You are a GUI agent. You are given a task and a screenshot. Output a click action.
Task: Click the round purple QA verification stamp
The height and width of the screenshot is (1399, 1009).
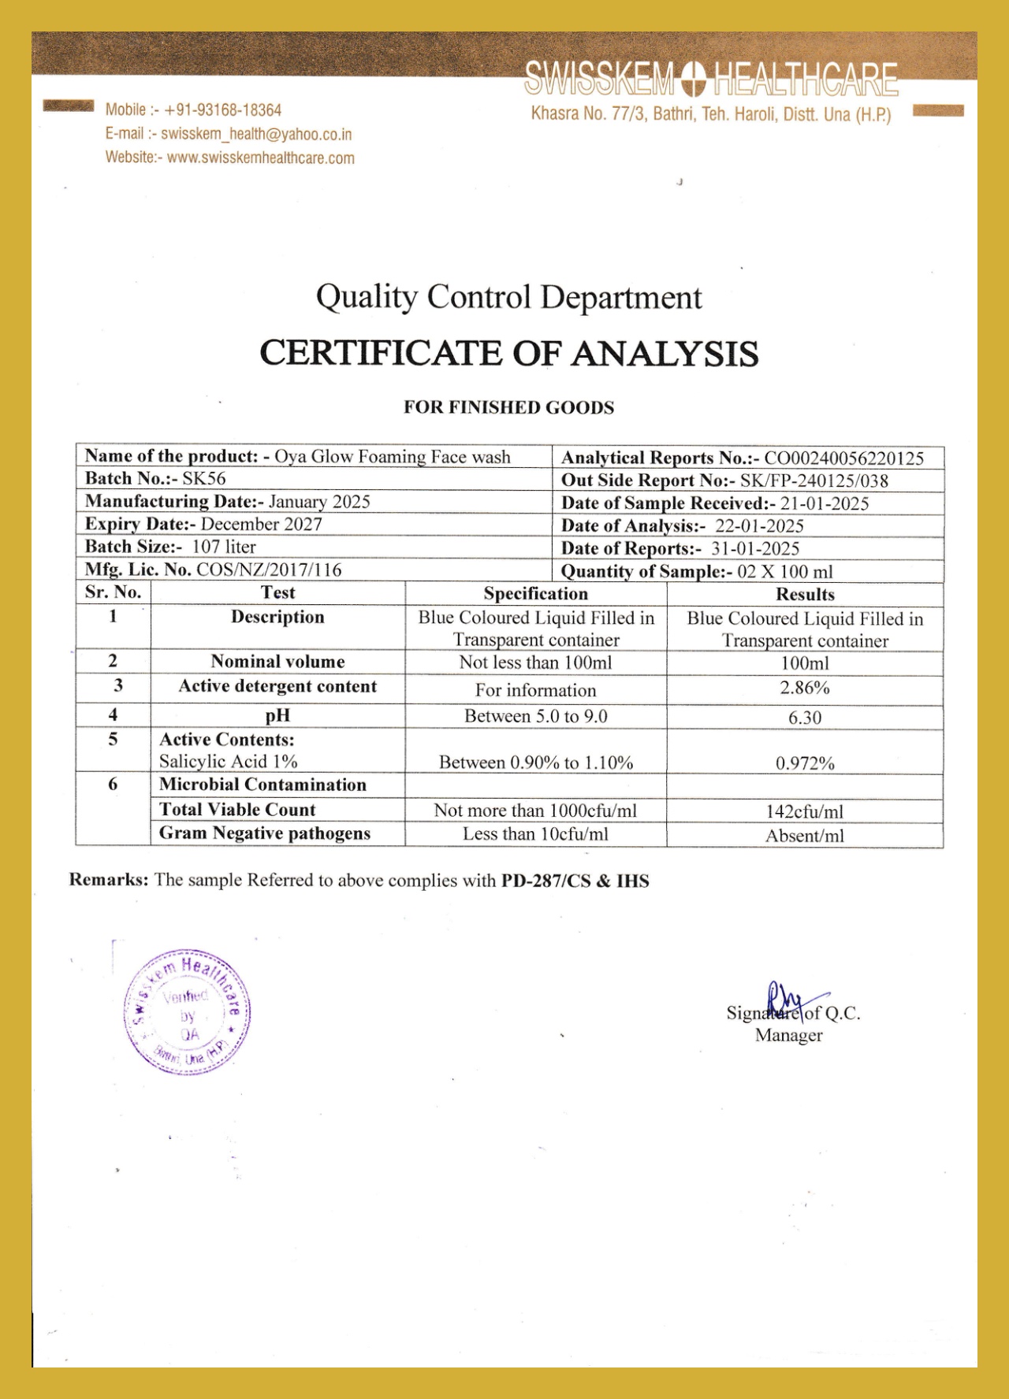(x=188, y=1013)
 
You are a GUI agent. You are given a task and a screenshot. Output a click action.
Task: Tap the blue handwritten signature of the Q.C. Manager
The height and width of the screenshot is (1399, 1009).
(x=788, y=1001)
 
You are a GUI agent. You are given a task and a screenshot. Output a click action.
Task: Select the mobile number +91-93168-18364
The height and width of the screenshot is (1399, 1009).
(x=223, y=110)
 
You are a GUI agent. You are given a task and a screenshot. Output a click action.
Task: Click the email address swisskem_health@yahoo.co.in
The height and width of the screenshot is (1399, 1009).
(x=256, y=135)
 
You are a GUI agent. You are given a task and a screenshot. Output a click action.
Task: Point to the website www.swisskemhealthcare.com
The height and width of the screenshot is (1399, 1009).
(x=261, y=158)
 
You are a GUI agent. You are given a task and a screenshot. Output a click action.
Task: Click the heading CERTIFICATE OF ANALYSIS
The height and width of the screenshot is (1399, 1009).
(x=508, y=353)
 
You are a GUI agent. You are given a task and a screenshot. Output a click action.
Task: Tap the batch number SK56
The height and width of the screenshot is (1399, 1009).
(x=204, y=479)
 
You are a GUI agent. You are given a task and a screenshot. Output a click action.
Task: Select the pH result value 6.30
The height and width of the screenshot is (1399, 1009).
(x=805, y=718)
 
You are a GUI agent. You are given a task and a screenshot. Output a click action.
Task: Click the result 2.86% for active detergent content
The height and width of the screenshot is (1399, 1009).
(x=805, y=688)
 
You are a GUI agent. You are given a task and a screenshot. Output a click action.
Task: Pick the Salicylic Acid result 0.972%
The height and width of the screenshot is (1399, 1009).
(x=805, y=763)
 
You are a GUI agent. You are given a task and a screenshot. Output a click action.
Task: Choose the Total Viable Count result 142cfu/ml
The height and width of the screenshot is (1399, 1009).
(x=805, y=812)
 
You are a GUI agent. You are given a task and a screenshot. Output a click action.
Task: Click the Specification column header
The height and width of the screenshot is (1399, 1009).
(x=536, y=594)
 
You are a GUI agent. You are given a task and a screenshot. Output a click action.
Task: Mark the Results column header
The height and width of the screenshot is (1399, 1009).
(x=805, y=595)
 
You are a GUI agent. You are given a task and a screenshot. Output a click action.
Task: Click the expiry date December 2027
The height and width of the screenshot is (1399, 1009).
(x=262, y=525)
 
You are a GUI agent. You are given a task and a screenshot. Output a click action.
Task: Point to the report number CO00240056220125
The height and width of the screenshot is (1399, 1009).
(x=844, y=458)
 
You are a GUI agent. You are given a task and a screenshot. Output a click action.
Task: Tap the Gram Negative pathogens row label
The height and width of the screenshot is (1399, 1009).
(x=265, y=833)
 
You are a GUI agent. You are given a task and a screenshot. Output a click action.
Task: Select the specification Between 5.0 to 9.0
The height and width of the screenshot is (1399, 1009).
(x=536, y=716)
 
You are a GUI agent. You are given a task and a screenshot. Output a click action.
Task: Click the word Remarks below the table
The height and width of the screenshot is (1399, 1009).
(x=108, y=880)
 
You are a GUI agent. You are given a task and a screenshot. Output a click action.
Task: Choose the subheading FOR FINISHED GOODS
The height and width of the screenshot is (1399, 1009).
(x=508, y=407)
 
